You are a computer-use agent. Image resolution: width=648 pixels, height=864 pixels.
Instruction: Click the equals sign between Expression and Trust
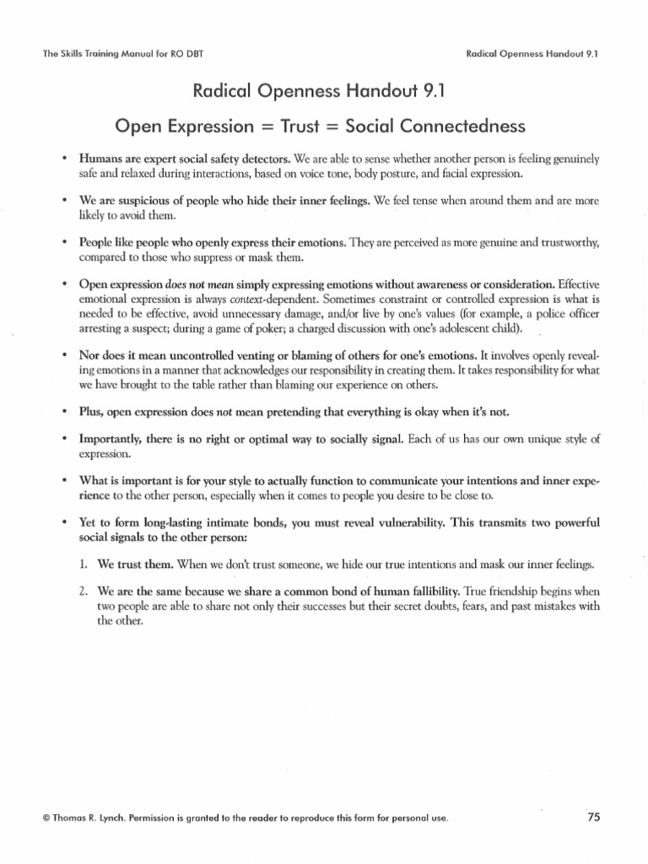(x=267, y=127)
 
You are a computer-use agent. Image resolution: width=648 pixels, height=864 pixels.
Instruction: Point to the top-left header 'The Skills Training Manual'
(x=111, y=55)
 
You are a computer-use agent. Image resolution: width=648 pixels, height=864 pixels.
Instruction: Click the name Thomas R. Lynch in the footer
(x=89, y=818)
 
